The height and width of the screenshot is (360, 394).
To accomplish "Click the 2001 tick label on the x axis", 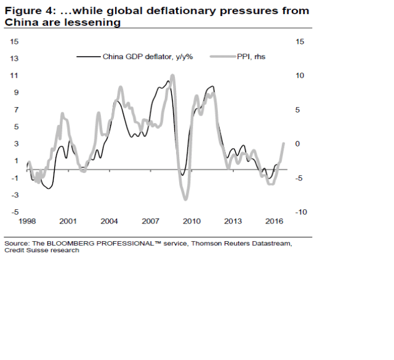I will (68, 221).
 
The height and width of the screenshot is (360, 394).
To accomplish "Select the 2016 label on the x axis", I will (275, 221).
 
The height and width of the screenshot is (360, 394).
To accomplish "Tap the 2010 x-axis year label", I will (192, 221).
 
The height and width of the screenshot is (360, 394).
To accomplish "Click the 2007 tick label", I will (151, 221).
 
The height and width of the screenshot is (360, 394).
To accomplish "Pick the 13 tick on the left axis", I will (14, 58).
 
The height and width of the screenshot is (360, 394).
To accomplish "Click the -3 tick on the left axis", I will (14, 195).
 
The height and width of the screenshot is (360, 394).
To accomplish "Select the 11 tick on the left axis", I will (14, 76).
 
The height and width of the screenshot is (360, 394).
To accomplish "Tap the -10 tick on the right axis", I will (300, 212).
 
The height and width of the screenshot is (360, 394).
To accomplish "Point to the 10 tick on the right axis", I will (300, 76).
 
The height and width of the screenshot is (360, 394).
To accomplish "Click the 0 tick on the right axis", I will (300, 144).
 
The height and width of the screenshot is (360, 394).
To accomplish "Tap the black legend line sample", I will (88, 56).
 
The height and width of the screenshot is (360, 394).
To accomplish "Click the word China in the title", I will (20, 22).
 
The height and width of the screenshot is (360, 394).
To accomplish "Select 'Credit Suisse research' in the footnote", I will (42, 250).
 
